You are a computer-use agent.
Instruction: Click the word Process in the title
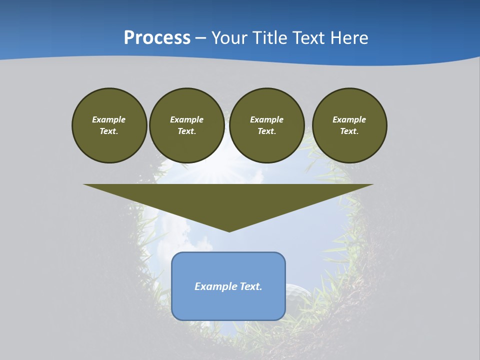point(157,38)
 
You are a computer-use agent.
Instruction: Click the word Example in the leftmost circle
point(109,119)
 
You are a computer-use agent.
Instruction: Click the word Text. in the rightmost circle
point(349,131)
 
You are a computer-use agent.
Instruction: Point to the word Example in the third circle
point(266,119)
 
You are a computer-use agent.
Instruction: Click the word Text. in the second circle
point(186,131)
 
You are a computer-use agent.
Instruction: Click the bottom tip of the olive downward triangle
point(229,230)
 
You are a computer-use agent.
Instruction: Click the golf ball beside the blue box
point(297,292)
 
